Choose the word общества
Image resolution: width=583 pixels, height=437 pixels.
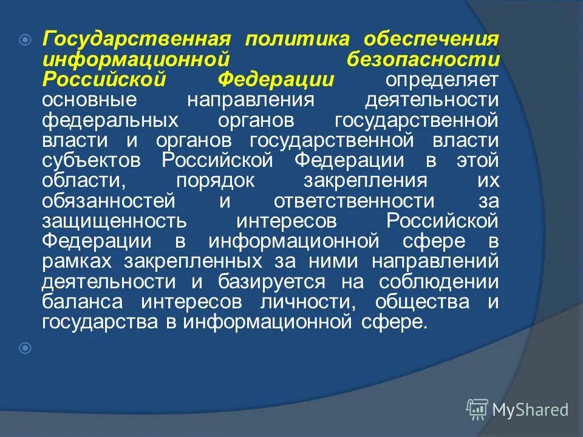pyautogui.click(x=423, y=301)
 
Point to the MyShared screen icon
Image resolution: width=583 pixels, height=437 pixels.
pyautogui.click(x=477, y=409)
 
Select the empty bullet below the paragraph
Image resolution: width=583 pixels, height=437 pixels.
pyautogui.click(x=25, y=348)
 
